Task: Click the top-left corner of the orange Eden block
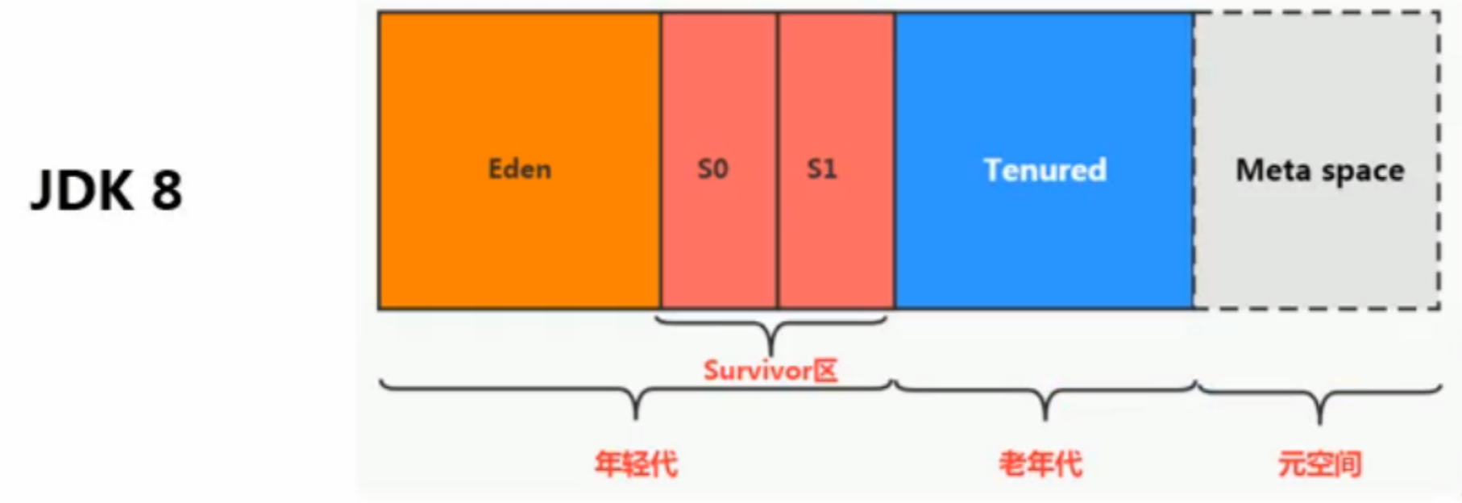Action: pos(380,13)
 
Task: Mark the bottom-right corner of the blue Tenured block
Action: pos(1194,308)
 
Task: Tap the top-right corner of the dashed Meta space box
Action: pos(1439,12)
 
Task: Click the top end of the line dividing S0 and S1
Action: pos(778,13)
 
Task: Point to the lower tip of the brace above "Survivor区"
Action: pos(771,354)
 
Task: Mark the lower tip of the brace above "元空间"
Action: pos(1319,423)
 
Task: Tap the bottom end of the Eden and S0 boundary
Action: pos(660,308)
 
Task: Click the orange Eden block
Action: pos(520,160)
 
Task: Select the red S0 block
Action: pos(719,160)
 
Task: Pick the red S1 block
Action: pos(836,160)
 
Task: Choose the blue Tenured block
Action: pos(1045,160)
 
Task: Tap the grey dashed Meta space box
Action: pos(1317,160)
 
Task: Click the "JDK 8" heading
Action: pos(106,191)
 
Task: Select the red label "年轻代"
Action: pos(637,464)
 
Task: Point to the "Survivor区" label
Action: pos(770,370)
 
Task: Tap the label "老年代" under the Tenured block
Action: pos(1040,464)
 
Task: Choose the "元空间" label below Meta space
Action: pos(1320,464)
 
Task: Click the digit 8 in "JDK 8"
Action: pos(166,191)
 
